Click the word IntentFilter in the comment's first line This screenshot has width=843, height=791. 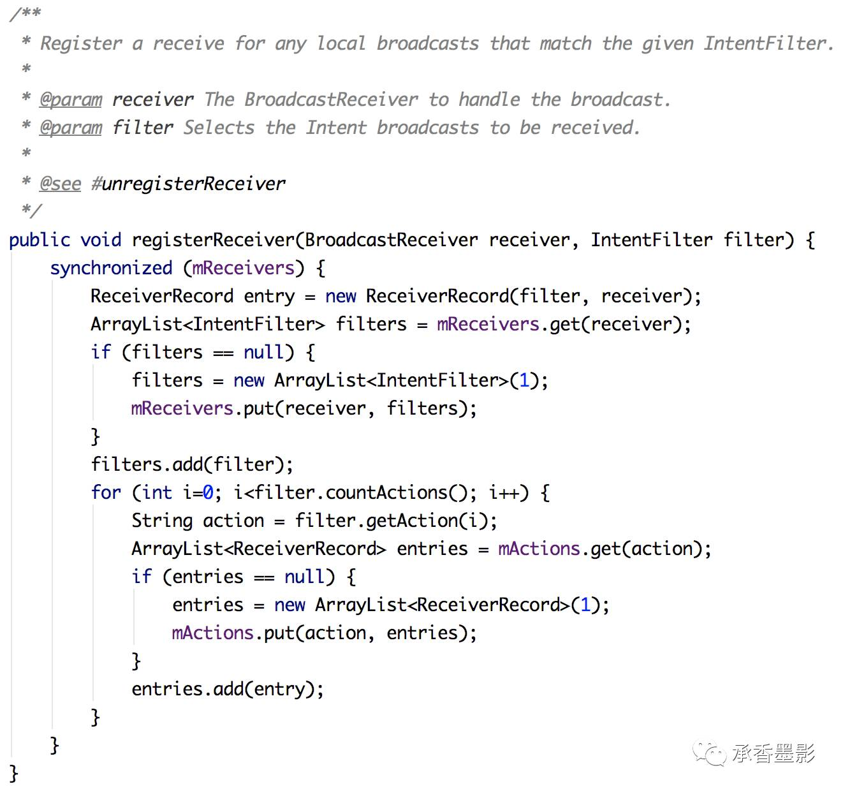point(765,43)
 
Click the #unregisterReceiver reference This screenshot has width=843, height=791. point(188,184)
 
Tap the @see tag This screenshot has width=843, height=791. point(60,184)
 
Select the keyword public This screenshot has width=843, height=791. point(40,240)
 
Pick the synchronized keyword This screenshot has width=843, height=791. point(111,268)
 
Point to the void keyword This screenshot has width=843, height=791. point(101,240)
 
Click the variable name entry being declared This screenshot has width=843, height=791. point(270,296)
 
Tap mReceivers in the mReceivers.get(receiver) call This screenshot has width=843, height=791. point(488,324)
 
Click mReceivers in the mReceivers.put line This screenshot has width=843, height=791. point(182,408)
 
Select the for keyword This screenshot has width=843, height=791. point(106,492)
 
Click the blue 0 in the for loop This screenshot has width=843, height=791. point(208,492)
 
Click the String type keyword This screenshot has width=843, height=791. point(162,521)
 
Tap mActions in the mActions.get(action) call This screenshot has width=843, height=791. point(539,549)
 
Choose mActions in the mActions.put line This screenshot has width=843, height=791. point(212,633)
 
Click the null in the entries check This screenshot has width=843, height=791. point(305,577)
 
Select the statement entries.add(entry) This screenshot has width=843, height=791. point(227,689)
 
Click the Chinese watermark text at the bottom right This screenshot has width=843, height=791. point(773,754)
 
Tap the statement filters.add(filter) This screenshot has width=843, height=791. point(191,464)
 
